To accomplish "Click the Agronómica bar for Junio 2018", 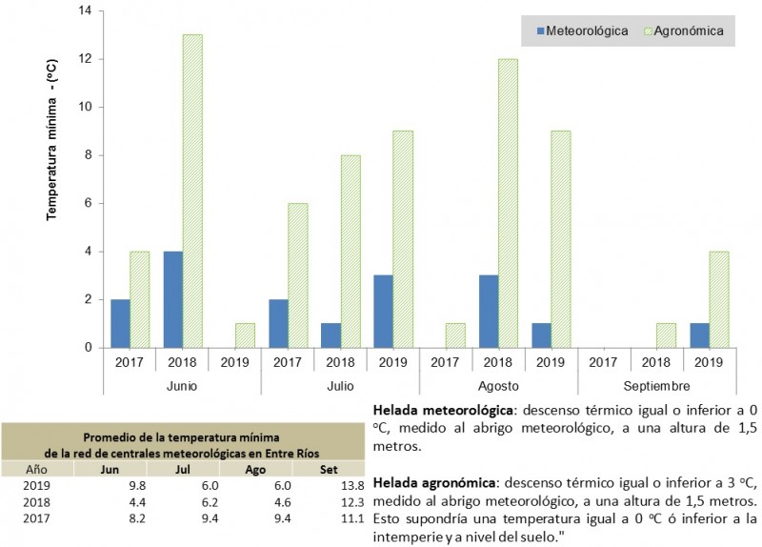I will (192, 191).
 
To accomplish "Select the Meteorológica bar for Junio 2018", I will (172, 299).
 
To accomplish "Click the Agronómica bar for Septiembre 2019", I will (719, 299).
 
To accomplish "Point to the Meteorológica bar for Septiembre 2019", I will (699, 335).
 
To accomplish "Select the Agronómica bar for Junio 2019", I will (245, 335).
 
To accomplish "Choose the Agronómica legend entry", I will (684, 30).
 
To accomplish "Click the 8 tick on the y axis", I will (88, 155).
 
